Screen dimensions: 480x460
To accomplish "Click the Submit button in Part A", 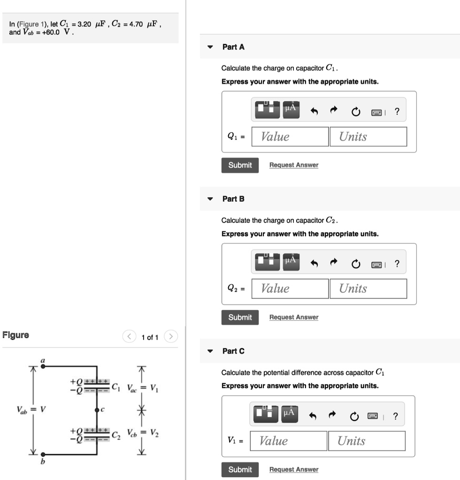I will [240, 165].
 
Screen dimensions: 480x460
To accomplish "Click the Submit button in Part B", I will [240, 317].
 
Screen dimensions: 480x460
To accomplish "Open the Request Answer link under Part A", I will [293, 165].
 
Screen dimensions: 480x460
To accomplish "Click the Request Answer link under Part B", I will [293, 317].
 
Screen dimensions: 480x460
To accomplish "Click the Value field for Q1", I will [290, 136].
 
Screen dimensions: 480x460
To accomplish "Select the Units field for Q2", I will [368, 289].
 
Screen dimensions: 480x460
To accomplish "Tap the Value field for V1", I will [288, 441].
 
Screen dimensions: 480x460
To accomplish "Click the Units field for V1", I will [367, 441].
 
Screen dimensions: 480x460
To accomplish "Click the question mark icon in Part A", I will [397, 112].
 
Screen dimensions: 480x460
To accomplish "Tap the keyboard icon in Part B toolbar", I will [376, 264].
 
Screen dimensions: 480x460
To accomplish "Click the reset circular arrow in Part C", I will [355, 416].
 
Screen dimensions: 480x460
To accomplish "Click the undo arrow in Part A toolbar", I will [314, 112].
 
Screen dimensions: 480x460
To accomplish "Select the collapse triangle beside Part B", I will [211, 199].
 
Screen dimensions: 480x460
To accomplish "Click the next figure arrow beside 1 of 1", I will [172, 337].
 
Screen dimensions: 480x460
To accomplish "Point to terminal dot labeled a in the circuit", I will [43, 367].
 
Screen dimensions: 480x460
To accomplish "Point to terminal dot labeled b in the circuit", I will [43, 454].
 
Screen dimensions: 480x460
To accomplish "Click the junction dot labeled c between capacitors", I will [97, 409].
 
